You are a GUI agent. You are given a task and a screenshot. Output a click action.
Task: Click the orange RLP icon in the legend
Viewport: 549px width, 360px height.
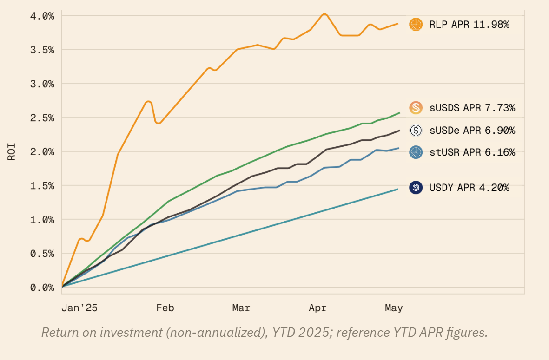416,24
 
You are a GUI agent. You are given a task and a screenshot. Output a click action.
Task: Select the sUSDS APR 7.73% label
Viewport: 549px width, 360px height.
472,108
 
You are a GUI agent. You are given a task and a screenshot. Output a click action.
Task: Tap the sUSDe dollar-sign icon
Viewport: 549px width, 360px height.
416,131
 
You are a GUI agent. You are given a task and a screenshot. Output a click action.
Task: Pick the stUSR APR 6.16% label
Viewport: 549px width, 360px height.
472,152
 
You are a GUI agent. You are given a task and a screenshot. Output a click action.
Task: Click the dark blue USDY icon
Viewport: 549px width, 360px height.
416,188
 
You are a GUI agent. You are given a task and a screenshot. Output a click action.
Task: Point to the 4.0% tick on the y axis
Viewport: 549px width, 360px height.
42,16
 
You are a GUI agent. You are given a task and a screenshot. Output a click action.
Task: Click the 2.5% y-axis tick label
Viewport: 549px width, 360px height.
42,118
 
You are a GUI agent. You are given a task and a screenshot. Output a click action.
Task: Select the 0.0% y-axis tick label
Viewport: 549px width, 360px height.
42,288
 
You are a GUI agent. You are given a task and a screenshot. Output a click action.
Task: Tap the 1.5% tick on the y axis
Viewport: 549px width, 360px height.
42,186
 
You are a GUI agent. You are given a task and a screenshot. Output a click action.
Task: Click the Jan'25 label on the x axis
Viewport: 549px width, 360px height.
79,308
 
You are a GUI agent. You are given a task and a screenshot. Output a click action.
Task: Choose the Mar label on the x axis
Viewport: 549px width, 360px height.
241,308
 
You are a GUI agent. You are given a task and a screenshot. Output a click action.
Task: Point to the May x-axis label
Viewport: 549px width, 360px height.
394,308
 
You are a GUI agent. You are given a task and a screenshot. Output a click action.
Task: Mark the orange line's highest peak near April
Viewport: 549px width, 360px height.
324,14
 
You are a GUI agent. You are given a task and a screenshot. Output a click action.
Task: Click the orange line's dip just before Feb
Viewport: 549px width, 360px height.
159,123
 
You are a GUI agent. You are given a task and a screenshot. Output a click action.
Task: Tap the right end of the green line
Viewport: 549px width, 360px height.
399,113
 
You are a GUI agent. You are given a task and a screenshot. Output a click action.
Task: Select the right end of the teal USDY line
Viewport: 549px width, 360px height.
397,189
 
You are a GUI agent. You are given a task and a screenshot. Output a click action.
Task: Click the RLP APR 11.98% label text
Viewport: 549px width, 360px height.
469,25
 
